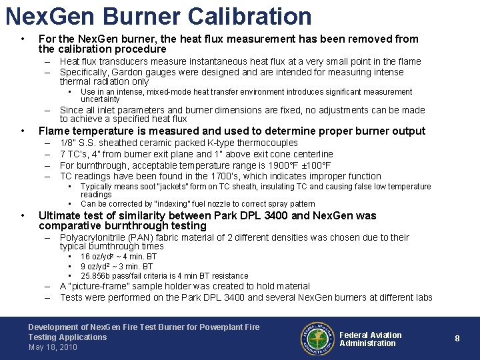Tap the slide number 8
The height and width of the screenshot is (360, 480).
tap(457, 339)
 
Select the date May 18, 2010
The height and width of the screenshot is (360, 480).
tap(53, 347)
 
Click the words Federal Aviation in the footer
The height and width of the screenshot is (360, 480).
tap(371, 335)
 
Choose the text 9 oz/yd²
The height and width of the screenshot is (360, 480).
tap(97, 267)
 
